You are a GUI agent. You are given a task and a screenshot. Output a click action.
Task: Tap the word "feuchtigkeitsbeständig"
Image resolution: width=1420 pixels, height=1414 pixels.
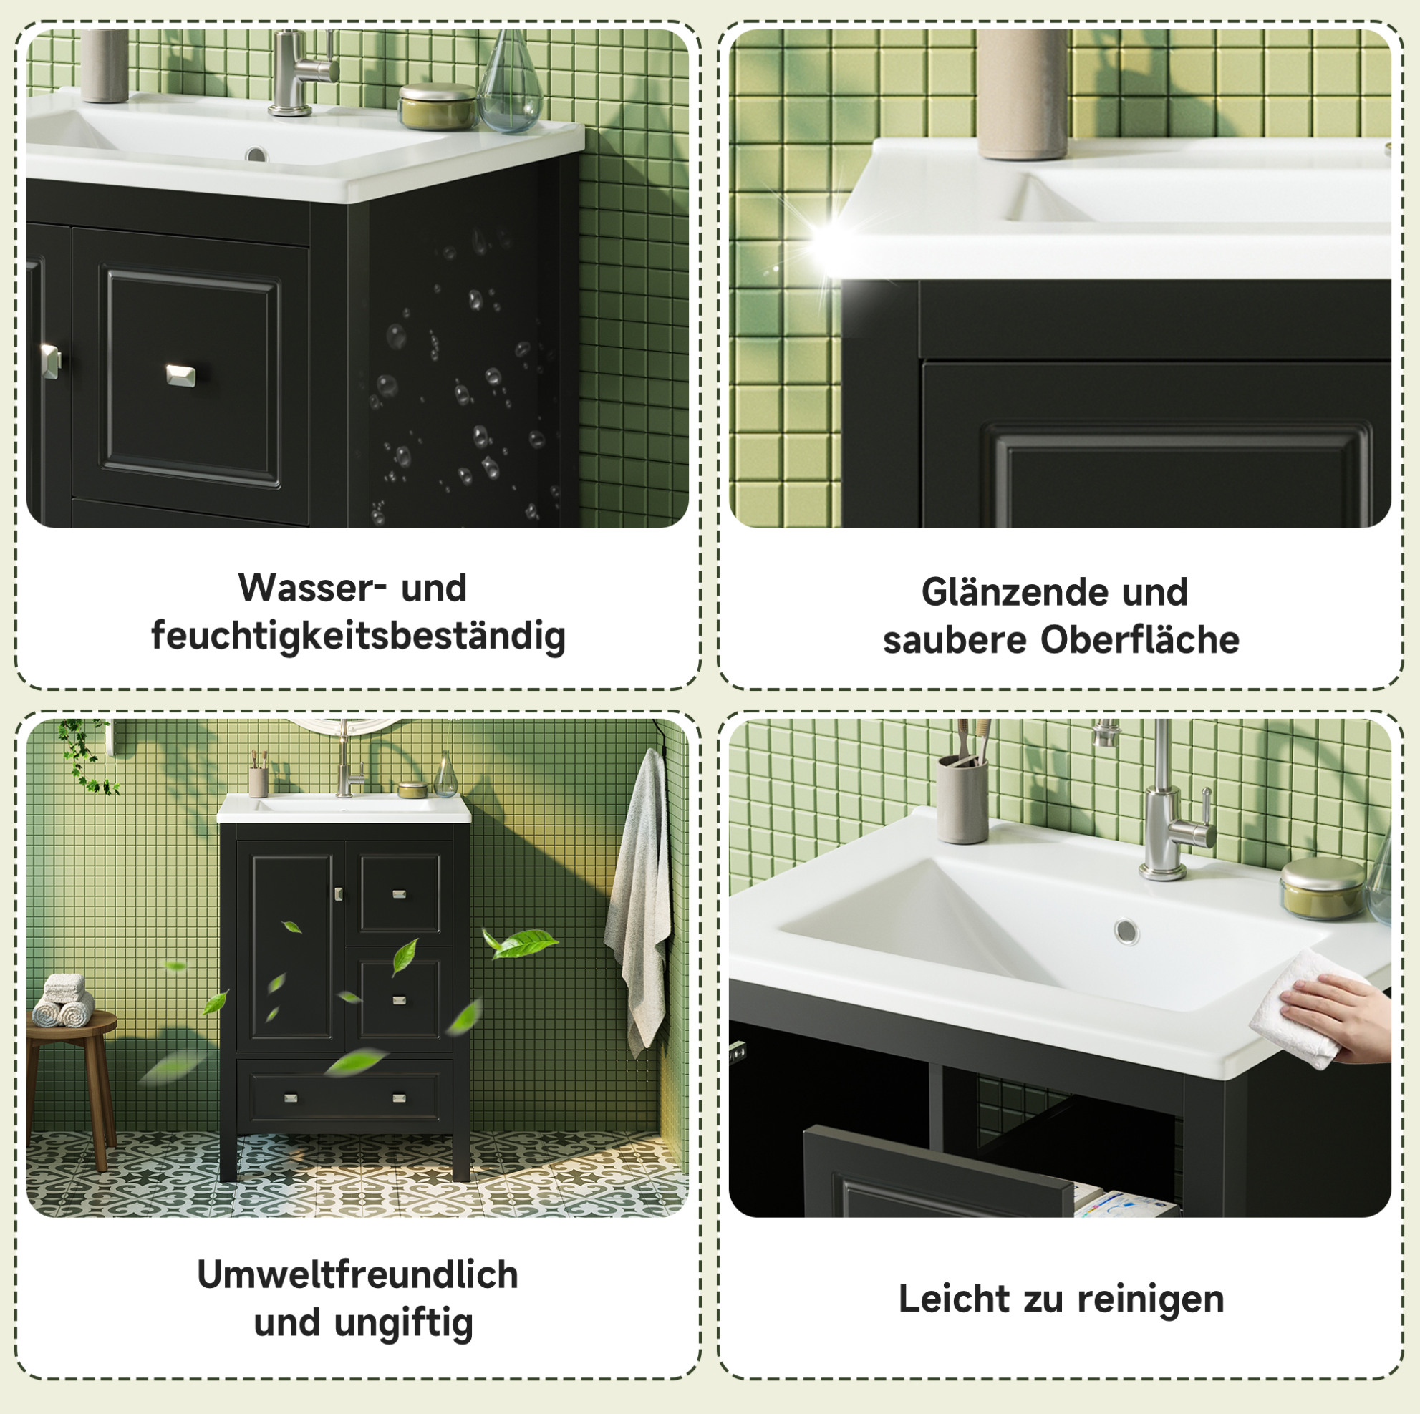[x=359, y=636]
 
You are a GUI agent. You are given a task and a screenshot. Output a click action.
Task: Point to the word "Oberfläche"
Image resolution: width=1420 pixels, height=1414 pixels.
[x=1140, y=640]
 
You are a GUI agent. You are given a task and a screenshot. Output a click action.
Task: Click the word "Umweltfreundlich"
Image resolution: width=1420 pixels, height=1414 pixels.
[x=358, y=1275]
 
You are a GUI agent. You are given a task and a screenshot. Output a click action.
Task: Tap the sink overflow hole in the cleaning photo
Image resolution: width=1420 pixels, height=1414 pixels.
[x=1126, y=932]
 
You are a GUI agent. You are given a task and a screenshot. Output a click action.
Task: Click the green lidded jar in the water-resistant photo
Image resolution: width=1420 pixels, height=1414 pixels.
[x=438, y=107]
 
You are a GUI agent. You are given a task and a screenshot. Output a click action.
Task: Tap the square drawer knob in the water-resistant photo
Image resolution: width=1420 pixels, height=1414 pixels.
[x=180, y=375]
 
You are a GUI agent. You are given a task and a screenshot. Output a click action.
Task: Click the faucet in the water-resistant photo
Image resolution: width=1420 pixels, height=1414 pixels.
[x=301, y=72]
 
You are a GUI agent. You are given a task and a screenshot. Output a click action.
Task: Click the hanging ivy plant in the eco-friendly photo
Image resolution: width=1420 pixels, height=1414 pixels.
[x=87, y=757]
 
